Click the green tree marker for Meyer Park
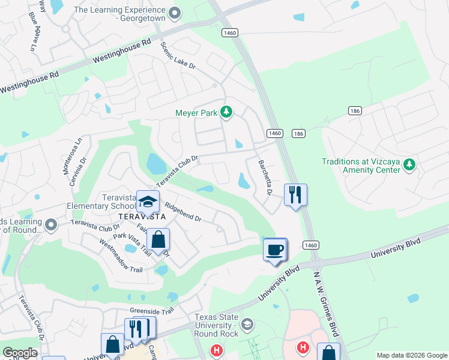point(226,112)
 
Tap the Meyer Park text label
point(197,112)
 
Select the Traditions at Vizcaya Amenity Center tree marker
point(409,164)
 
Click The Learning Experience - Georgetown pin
point(175,13)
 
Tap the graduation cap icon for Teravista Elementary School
point(148,202)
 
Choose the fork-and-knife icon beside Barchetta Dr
point(295,194)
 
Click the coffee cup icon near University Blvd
point(276,249)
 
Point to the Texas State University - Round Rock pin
point(246,325)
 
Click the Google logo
point(20,353)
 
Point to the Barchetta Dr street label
point(265,178)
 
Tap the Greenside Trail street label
point(151,311)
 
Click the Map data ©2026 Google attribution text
point(411,355)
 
